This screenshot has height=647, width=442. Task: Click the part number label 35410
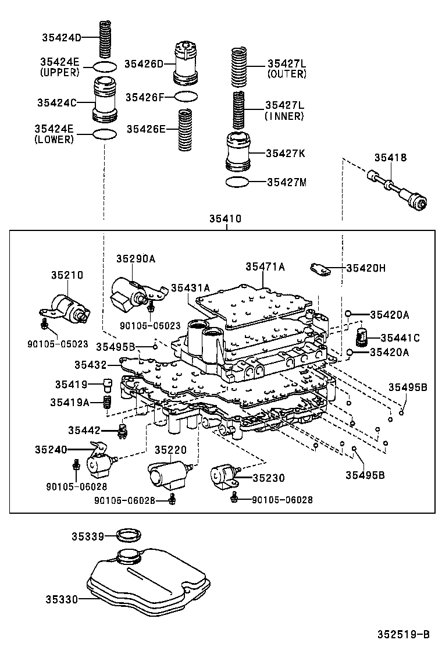tap(226, 219)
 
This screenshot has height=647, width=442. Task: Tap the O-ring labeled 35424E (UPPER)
tap(105, 66)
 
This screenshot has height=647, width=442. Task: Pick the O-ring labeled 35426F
tap(186, 96)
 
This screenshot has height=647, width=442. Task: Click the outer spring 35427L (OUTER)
tap(240, 65)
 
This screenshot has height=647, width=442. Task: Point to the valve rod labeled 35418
tap(398, 191)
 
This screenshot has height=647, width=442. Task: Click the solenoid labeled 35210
tap(68, 307)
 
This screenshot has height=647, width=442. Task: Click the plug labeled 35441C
tap(362, 336)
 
